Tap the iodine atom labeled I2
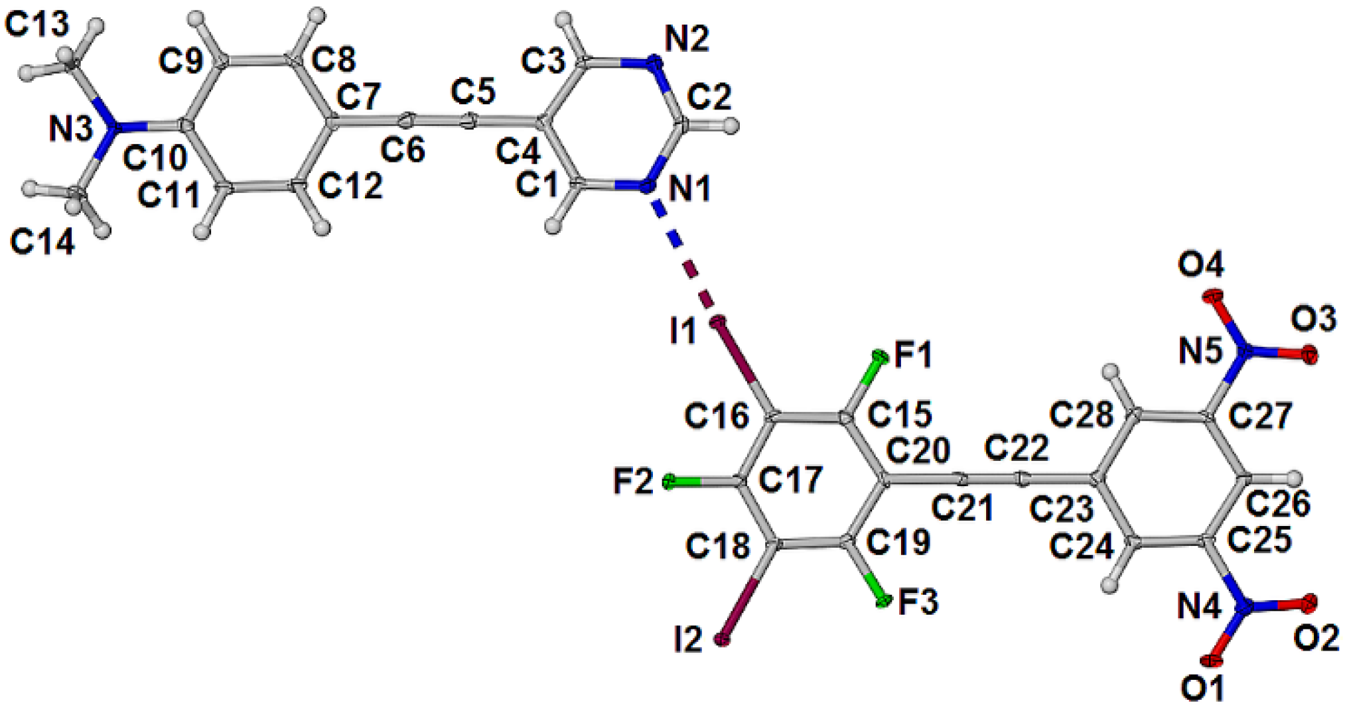[722, 639]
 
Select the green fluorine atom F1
[881, 358]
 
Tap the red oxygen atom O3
[1309, 355]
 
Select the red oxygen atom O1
[1212, 661]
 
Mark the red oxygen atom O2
[1309, 602]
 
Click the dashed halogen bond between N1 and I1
[683, 255]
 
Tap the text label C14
[42, 243]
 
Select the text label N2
[687, 39]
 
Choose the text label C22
[1016, 448]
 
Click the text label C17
[790, 479]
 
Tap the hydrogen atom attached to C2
[731, 125]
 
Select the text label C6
[402, 150]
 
